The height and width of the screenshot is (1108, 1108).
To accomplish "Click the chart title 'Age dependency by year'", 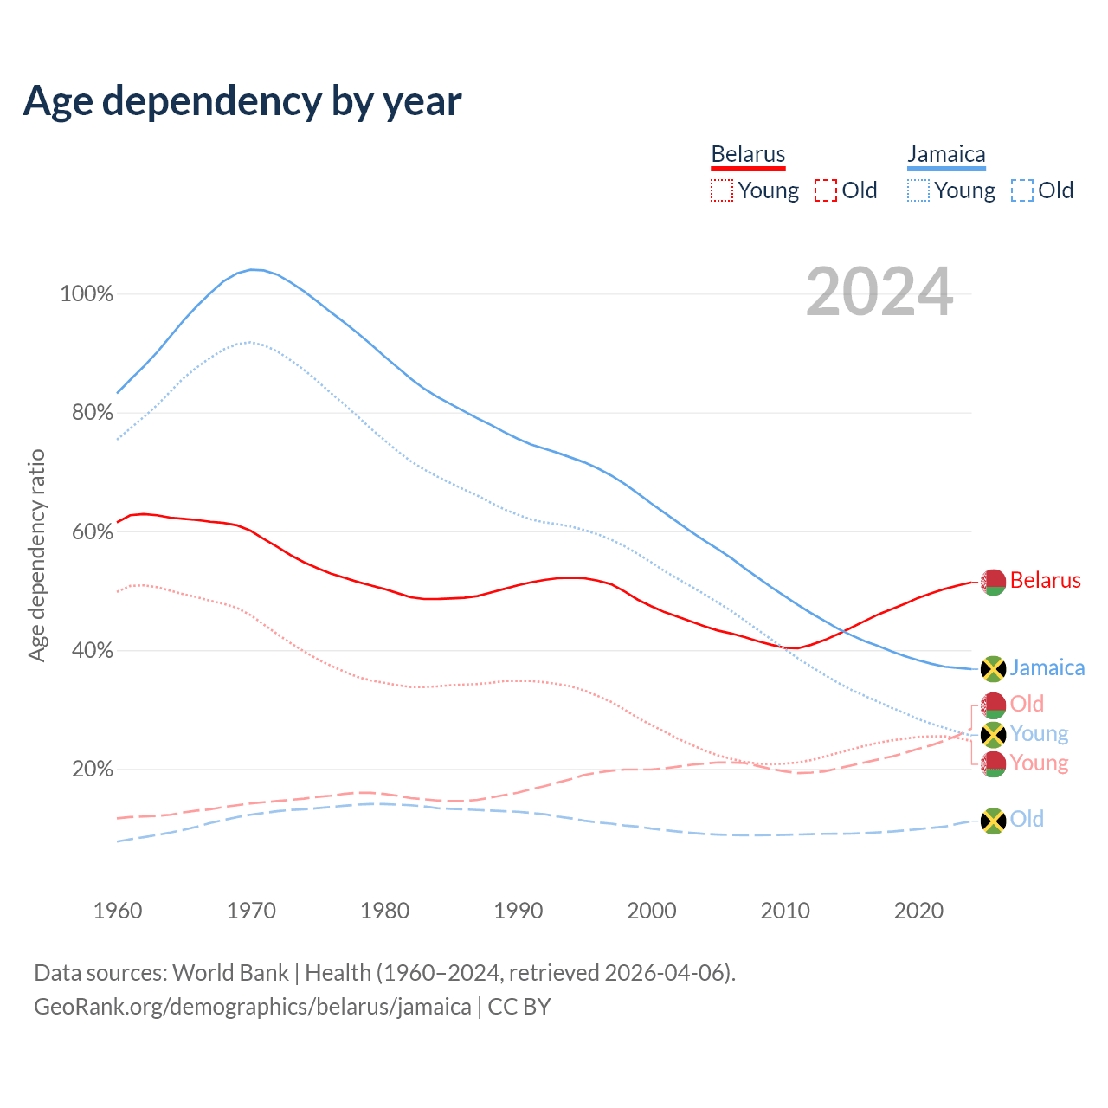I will pos(242,101).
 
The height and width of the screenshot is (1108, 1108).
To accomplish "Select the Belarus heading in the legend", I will pos(748,154).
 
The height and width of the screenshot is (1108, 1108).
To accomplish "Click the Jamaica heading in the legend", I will pos(946,154).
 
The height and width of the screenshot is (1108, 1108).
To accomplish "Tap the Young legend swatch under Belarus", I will pos(722,190).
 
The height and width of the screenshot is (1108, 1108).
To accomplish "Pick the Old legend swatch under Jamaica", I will pos(1022,190).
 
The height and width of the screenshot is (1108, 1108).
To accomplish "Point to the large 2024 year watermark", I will pos(879,293).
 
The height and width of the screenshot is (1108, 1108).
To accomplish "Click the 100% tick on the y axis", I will pos(87,294).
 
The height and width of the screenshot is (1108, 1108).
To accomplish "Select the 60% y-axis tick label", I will pos(92,531).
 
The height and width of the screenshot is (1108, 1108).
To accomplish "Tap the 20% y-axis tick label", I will pos(92,769).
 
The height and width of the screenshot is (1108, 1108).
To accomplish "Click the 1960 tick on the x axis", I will pos(118,911).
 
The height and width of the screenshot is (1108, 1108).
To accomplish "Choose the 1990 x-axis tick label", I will pos(519,911).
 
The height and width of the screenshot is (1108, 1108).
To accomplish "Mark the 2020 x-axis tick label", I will pos(918,911).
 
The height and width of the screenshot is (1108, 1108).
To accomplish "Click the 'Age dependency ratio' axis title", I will pos(36,555).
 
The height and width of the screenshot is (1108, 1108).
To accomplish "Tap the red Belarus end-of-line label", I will pos(1045,580).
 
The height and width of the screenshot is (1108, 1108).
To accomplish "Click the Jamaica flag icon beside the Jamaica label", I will pos(993,668).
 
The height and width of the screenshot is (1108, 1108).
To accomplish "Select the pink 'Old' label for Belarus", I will pos(1027,704).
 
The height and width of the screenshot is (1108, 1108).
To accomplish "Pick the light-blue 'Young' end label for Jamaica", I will pos(1039,734).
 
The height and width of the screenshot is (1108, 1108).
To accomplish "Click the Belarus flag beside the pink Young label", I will pos(993,763).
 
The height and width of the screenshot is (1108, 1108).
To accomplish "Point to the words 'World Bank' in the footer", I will pos(230,973).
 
